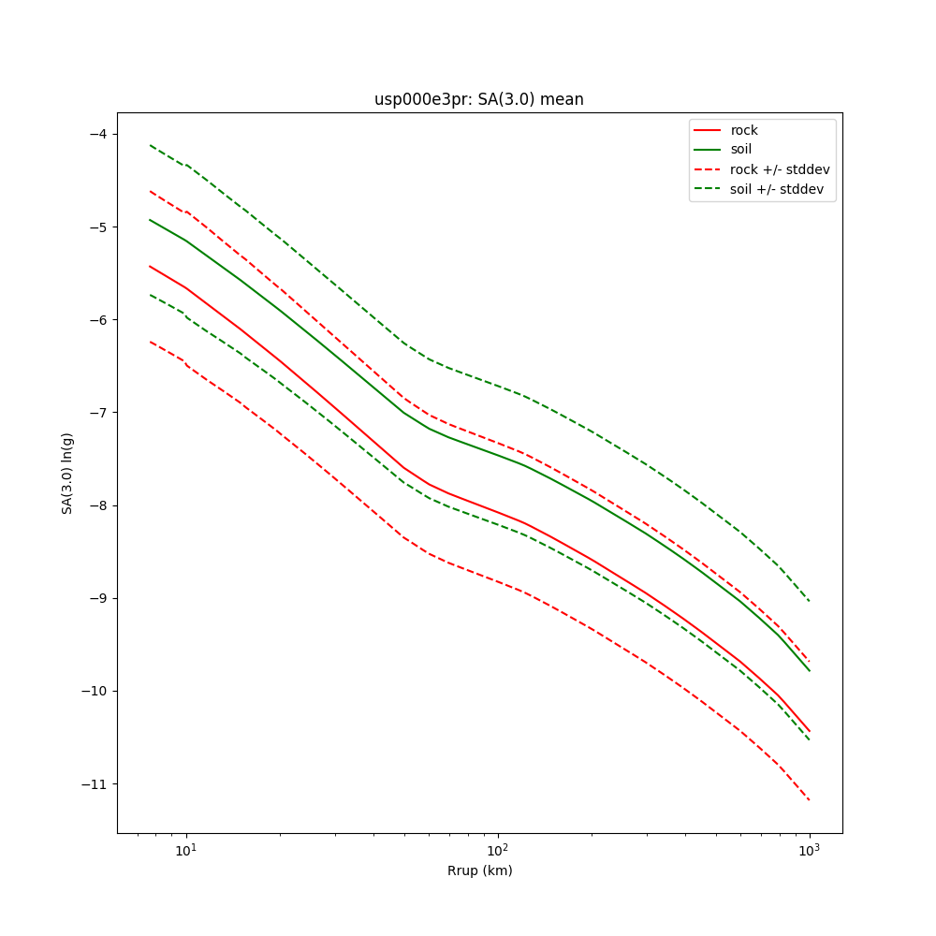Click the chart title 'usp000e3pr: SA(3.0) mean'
(x=478, y=99)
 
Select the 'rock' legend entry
(x=744, y=130)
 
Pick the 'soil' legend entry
(x=740, y=149)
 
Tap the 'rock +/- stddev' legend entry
(x=780, y=169)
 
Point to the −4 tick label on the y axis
(x=95, y=134)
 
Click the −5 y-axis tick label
(x=95, y=227)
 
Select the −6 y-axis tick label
(x=95, y=320)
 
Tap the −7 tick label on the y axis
(x=95, y=413)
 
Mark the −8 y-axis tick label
(x=95, y=505)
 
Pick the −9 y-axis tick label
(x=95, y=598)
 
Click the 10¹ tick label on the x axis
(x=186, y=850)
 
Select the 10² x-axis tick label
(x=498, y=850)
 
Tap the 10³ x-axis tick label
(x=809, y=850)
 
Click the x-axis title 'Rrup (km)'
(x=479, y=870)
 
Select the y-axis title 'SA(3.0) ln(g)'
(x=67, y=473)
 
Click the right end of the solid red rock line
(x=809, y=731)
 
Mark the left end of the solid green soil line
(x=150, y=220)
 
